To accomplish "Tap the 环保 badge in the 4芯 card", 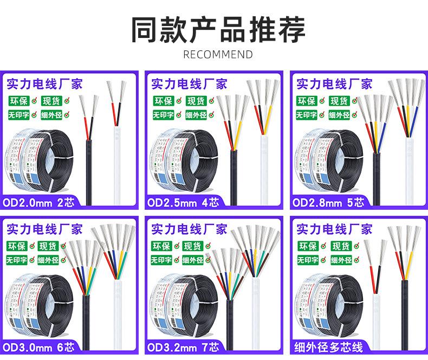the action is pyautogui.click(x=162, y=101).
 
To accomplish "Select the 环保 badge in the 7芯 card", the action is pyautogui.click(x=162, y=246).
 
